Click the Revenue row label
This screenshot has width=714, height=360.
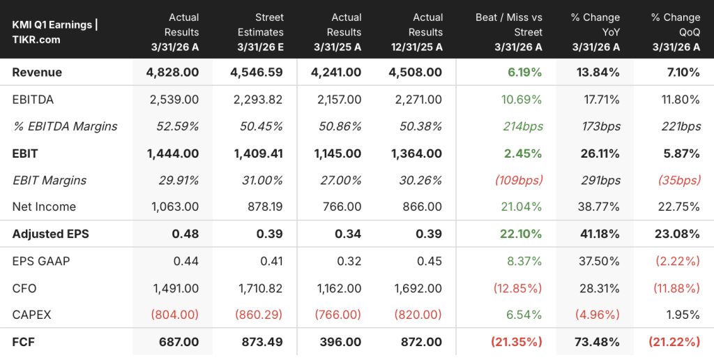pos(37,73)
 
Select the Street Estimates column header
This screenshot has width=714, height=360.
pos(261,32)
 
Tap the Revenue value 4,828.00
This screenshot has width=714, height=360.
pos(173,73)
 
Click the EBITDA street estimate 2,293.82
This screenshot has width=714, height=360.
pos(258,99)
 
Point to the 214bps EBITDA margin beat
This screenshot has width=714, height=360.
pos(523,126)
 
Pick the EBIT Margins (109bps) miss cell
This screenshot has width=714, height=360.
pos(519,181)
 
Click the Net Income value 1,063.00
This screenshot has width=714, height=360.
pos(175,207)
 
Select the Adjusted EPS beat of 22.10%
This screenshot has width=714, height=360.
pos(522,234)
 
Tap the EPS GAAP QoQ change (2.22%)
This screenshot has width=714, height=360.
pos(678,261)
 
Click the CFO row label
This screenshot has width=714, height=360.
pos(24,288)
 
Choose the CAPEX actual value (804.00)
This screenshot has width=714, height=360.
pos(175,315)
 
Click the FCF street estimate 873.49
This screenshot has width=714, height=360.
pos(262,343)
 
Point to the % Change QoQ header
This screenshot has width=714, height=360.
pos(676,32)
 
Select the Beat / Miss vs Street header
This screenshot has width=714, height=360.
pos(508,32)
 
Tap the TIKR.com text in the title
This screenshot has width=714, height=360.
pos(36,40)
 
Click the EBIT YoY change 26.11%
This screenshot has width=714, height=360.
pos(600,153)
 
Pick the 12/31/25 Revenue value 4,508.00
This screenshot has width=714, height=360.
pos(416,73)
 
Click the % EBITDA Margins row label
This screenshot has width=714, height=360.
pos(65,127)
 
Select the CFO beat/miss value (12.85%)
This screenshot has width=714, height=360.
pos(517,288)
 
